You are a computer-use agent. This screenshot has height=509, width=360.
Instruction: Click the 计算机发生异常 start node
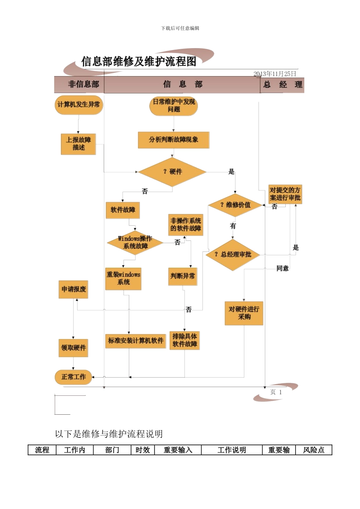(x=79, y=105)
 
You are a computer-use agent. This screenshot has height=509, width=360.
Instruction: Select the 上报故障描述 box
(x=78, y=144)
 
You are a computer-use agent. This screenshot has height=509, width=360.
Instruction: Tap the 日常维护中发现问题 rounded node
(x=174, y=106)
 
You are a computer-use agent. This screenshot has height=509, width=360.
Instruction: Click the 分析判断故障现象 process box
(x=174, y=140)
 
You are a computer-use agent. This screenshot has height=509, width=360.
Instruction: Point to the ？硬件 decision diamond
(x=172, y=172)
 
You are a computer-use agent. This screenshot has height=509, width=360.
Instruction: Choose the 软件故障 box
(x=123, y=210)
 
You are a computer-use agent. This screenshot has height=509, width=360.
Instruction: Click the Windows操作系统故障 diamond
(x=135, y=242)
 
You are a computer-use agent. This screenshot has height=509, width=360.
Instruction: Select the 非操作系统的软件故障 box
(x=186, y=225)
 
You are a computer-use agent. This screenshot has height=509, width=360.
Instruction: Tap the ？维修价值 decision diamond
(x=235, y=205)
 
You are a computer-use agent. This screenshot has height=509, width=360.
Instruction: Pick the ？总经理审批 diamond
(x=233, y=254)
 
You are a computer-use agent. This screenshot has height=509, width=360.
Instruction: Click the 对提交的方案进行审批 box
(x=285, y=194)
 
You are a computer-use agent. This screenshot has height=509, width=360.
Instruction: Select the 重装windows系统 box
(x=123, y=279)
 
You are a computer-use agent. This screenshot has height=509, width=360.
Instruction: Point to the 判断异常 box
(x=183, y=276)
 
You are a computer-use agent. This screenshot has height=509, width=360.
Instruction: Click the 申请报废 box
(x=74, y=289)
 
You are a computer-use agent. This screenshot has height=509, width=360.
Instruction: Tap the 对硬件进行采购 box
(x=244, y=313)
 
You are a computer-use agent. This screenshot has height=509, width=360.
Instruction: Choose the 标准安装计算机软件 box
(x=136, y=340)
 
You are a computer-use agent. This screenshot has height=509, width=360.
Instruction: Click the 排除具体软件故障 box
(x=185, y=340)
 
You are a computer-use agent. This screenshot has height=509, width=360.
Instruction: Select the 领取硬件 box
(x=74, y=348)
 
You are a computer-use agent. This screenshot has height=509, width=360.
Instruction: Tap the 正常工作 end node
(x=74, y=377)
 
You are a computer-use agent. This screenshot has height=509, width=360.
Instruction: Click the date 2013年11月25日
(x=275, y=74)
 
